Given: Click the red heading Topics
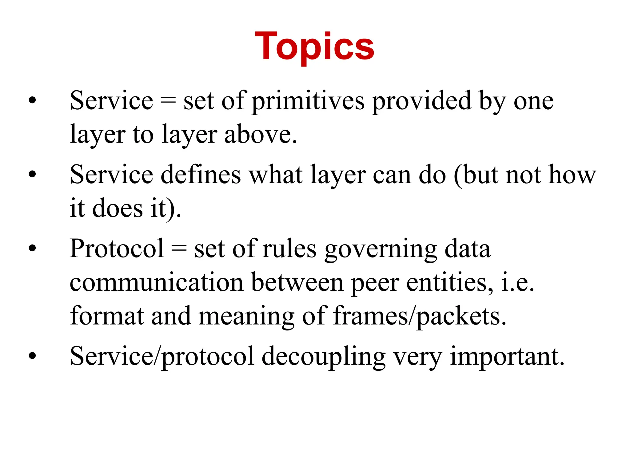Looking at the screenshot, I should (x=314, y=47).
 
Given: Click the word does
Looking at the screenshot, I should (x=118, y=208).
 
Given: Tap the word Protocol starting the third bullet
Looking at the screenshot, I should (x=117, y=249).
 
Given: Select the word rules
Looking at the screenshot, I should (x=289, y=249).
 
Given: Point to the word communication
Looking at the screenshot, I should (x=157, y=282).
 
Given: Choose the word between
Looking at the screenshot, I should (x=297, y=282).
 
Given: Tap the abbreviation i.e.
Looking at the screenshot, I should (x=517, y=282).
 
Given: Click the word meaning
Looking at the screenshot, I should (x=246, y=317).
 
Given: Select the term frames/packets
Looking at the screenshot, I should (x=420, y=317).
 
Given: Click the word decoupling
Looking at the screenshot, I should (x=324, y=357).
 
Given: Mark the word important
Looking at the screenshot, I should (x=507, y=357).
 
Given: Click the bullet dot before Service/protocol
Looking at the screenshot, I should (x=32, y=356).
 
